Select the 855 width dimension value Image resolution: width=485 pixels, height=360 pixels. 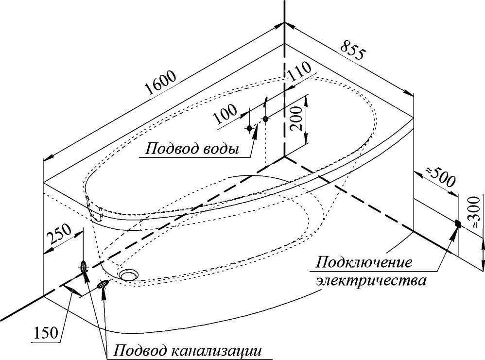pos(354,53)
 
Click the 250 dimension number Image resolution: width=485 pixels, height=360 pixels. pos(60,236)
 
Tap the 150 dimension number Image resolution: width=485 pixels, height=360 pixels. pos(47,334)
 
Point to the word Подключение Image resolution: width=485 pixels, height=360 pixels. pos(364,263)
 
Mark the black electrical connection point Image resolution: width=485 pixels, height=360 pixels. pos(458,224)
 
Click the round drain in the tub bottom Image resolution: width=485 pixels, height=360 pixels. pos(129,275)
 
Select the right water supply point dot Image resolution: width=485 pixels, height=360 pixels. pos(265,119)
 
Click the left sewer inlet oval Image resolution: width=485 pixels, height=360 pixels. pos(84,266)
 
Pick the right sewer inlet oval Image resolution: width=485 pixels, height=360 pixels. pos(104,283)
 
